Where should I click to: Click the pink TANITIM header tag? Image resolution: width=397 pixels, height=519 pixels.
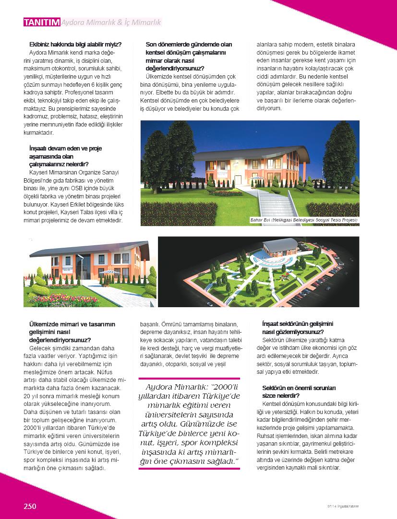(x=42, y=22)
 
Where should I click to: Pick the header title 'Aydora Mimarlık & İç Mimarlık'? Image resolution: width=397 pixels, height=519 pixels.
(x=111, y=22)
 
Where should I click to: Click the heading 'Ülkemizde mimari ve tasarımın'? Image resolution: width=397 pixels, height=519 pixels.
(x=72, y=324)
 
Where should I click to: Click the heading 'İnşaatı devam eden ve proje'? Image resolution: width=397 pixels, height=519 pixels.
(x=65, y=149)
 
